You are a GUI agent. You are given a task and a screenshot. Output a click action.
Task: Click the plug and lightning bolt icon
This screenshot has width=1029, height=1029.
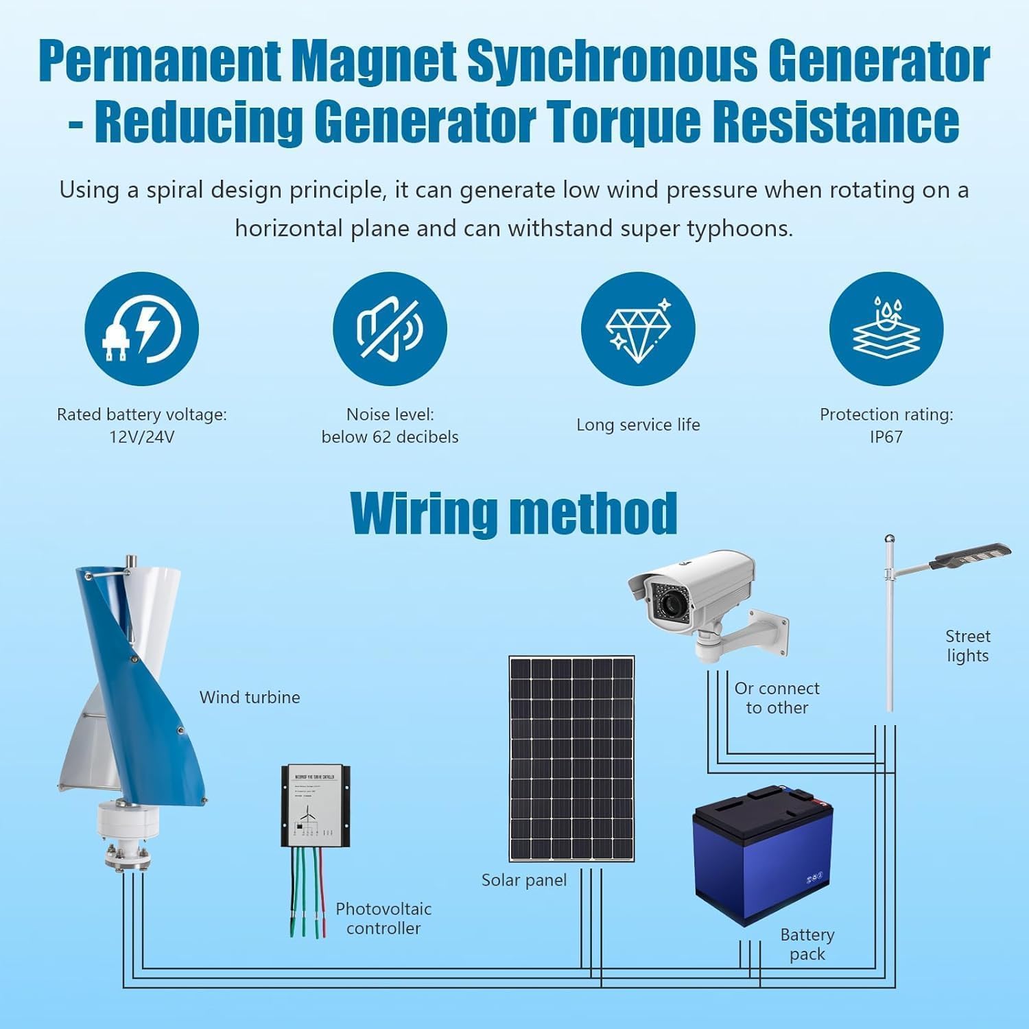141,329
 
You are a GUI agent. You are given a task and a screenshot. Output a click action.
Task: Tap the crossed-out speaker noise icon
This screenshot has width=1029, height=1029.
390,329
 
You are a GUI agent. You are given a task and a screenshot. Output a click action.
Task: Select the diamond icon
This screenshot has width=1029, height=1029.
638,329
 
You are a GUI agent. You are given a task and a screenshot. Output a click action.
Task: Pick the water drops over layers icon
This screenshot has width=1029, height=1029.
886,329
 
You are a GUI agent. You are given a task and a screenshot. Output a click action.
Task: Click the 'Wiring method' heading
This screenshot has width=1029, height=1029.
513,513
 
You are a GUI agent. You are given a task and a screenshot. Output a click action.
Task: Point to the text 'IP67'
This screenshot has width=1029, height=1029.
886,437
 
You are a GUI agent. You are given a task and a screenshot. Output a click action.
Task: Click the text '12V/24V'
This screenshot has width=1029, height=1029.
141,437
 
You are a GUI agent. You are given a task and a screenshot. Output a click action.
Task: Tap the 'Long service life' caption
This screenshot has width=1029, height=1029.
638,425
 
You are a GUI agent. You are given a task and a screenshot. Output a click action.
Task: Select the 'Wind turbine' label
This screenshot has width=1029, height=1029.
250,697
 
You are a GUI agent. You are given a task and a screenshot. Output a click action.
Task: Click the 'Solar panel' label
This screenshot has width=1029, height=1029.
524,880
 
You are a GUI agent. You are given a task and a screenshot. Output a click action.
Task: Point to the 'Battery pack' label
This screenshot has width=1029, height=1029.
807,945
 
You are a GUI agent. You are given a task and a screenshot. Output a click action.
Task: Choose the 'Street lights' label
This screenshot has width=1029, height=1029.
967,646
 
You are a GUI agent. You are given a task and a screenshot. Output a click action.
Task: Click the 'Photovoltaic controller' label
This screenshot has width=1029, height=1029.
383,919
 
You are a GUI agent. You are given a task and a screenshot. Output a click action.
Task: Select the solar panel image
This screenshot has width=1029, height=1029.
571,758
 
